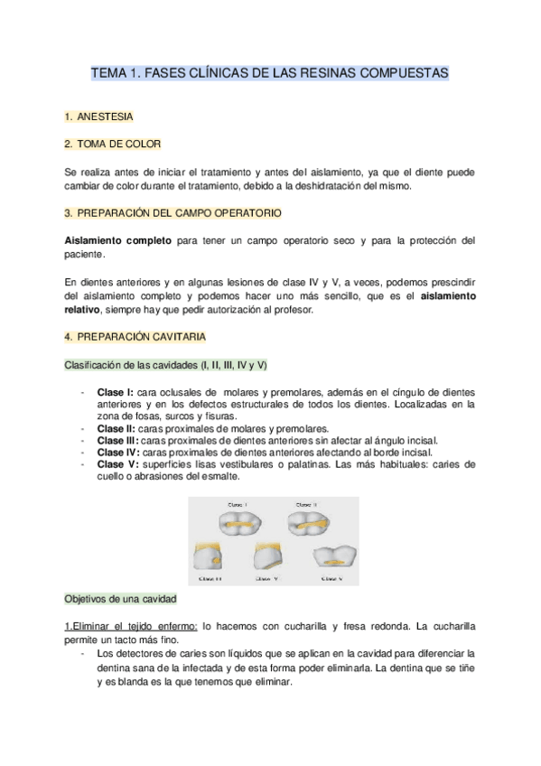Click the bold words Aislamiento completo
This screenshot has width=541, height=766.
117,240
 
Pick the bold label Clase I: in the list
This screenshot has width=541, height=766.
116,392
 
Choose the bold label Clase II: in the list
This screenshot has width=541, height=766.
117,428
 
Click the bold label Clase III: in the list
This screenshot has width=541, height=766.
119,440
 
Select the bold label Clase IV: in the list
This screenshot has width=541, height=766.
119,452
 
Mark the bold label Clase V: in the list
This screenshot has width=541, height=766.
117,464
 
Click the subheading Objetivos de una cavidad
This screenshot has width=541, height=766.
120,599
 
